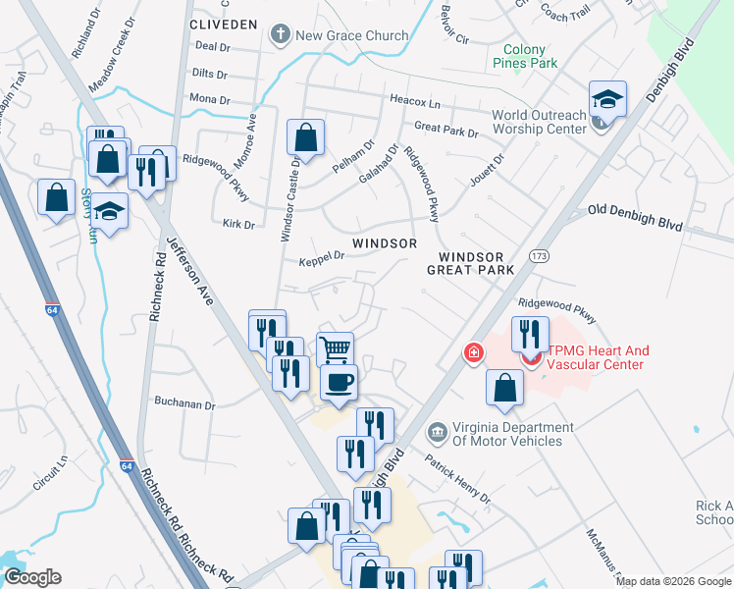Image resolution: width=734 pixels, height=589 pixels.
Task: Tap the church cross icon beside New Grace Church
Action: pos(280,36)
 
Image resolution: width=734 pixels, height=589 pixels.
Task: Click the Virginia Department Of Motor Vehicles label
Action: pos(511,434)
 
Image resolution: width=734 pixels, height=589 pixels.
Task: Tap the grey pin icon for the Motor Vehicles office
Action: pos(436,430)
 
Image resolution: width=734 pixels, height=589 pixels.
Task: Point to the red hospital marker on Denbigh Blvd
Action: pos(474,351)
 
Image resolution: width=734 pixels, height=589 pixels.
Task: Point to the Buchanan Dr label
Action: pos(184,403)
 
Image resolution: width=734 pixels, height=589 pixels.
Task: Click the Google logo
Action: pos(31,577)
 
